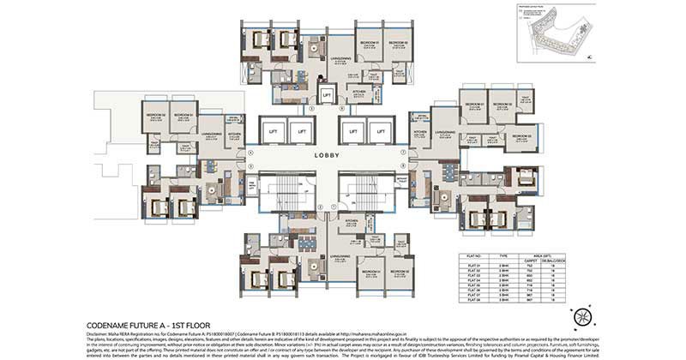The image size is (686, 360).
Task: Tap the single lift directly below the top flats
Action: (327, 95)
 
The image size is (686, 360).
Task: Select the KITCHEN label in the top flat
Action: (359, 91)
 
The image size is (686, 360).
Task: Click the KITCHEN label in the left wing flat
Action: (234, 135)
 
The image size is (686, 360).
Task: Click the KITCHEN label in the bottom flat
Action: (351, 220)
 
